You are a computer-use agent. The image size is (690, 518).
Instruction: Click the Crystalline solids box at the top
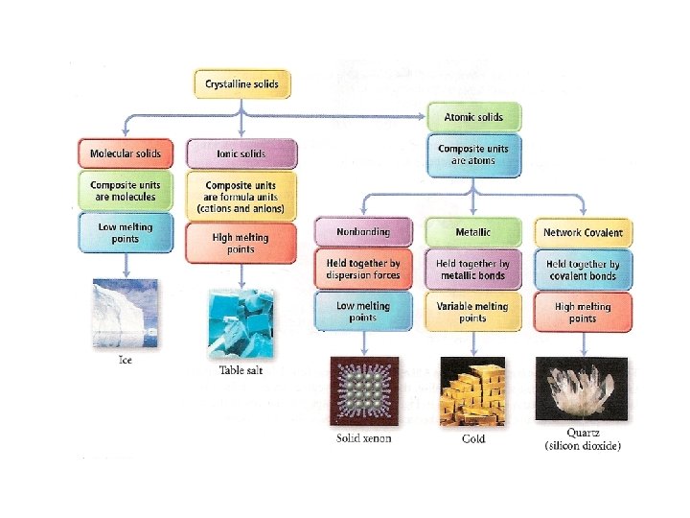(241, 84)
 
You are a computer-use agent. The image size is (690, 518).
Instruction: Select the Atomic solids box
(472, 117)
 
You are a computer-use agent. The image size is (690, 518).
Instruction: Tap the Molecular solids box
(125, 153)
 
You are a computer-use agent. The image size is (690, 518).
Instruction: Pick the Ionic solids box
(241, 153)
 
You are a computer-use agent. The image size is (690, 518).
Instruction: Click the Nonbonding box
(362, 232)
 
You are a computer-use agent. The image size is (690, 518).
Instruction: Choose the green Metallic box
(472, 232)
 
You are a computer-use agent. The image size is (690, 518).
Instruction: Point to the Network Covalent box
(583, 232)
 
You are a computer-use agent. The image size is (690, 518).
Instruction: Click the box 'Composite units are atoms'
(472, 154)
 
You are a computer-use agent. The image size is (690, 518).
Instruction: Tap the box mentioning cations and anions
(241, 196)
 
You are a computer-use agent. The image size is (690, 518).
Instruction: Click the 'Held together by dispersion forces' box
(362, 270)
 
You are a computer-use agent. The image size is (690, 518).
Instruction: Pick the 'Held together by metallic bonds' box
(472, 270)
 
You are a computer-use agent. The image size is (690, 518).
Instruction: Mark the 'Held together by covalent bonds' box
(583, 270)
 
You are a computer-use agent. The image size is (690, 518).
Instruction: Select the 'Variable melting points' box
(472, 312)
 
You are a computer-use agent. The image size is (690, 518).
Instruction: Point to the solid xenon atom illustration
(362, 389)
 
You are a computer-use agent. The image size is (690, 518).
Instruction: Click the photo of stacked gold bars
(472, 389)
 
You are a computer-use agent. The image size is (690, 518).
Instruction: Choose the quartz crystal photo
(583, 389)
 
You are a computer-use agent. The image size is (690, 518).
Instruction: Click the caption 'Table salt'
(240, 370)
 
